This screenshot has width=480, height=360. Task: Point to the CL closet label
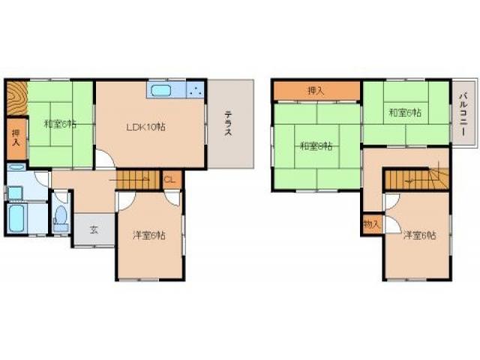tap(170, 180)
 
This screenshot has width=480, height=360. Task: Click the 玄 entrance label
tap(94, 229)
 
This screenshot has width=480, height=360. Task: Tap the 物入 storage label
tap(370, 224)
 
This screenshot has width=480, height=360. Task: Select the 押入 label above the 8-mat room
tap(316, 91)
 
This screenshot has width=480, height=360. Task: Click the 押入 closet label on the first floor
tap(15, 138)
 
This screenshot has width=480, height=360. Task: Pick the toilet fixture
tap(61, 217)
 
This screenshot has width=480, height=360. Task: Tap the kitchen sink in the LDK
tap(161, 92)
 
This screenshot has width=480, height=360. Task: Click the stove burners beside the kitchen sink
tap(195, 91)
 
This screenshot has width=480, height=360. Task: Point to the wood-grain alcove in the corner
tap(16, 100)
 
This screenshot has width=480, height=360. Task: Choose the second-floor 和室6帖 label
tap(404, 113)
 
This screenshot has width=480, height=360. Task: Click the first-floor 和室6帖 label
tap(59, 124)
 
